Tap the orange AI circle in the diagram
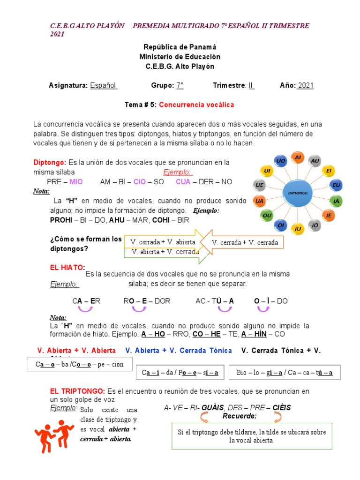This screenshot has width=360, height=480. (x=297, y=158)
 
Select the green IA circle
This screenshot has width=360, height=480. (x=336, y=202)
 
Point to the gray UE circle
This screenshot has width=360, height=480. (x=259, y=186)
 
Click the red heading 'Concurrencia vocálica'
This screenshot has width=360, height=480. (x=196, y=104)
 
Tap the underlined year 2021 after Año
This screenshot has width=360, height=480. (x=306, y=85)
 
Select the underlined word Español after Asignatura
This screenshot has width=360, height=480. (x=104, y=85)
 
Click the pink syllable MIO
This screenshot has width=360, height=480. (x=76, y=181)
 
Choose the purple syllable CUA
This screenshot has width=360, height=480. (x=184, y=181)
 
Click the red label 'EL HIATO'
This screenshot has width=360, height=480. (x=67, y=267)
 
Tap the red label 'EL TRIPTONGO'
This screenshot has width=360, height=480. (x=77, y=391)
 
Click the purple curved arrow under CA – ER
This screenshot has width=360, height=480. (x=85, y=309)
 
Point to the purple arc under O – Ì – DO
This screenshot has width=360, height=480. (x=263, y=309)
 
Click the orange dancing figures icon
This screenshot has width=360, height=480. (x=54, y=435)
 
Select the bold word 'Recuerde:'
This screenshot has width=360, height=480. (x=240, y=416)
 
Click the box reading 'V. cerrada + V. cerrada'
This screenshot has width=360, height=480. (x=245, y=242)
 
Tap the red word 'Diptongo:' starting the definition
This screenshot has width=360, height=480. (x=50, y=162)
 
